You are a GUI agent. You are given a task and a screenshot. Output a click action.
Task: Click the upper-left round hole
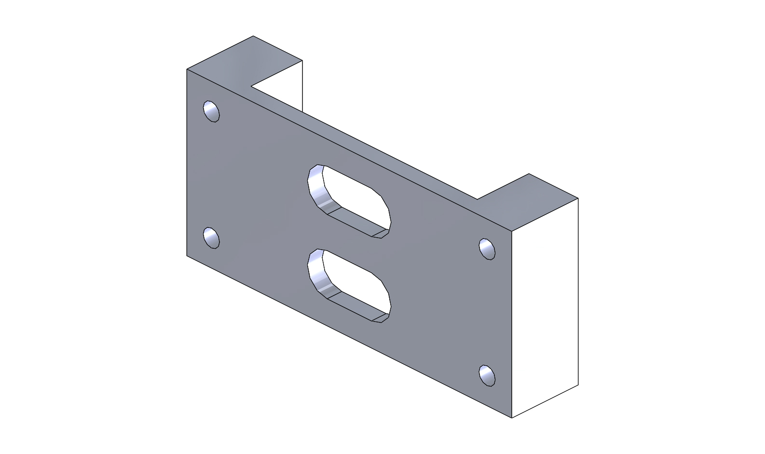tap(211, 111)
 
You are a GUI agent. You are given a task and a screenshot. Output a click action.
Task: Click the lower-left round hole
tap(211, 238)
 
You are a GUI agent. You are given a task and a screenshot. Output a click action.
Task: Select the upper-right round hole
tap(487, 249)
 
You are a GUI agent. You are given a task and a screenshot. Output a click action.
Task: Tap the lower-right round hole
tap(487, 375)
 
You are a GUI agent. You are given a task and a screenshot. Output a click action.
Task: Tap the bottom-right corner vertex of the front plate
tap(511, 418)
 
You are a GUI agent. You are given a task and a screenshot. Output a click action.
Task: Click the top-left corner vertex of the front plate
tap(187, 69)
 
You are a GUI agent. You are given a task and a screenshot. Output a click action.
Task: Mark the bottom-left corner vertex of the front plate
tap(187, 255)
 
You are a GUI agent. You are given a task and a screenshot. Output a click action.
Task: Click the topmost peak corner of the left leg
tap(253, 36)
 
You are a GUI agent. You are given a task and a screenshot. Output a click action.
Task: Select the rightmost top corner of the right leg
tap(578, 198)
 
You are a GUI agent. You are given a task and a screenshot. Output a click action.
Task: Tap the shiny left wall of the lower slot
tap(316, 273)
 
